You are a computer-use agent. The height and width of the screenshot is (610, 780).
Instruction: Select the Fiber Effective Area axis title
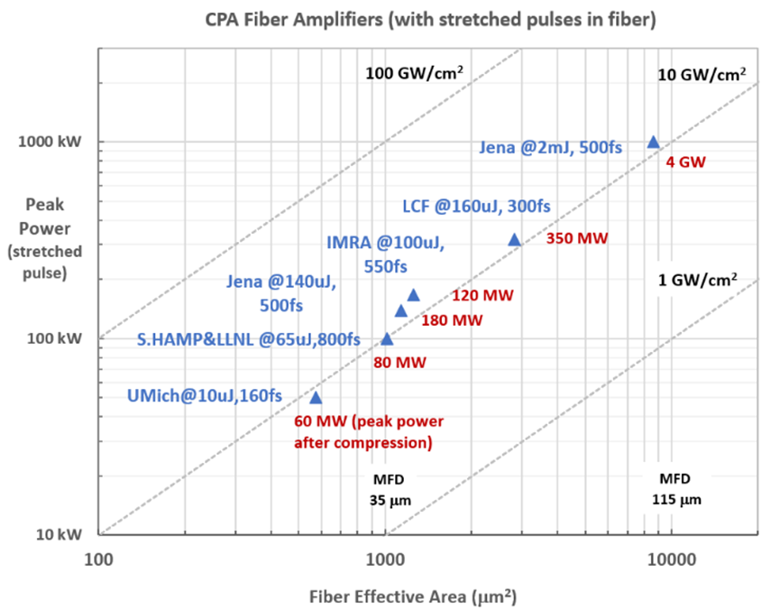[414, 596]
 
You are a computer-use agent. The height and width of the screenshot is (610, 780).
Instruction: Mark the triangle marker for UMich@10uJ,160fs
[316, 397]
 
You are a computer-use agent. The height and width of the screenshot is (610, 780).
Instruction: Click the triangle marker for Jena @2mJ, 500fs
[654, 142]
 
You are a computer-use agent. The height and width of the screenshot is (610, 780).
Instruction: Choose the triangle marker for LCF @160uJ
[515, 239]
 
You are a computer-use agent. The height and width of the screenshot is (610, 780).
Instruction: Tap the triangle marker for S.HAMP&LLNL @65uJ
[387, 338]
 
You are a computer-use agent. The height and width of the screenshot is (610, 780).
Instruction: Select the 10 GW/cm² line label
[702, 74]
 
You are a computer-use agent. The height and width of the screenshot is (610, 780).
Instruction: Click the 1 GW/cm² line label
[698, 280]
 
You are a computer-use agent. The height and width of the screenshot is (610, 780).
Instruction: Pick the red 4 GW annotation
[685, 163]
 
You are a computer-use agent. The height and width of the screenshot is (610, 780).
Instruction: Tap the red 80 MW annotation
[399, 363]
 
